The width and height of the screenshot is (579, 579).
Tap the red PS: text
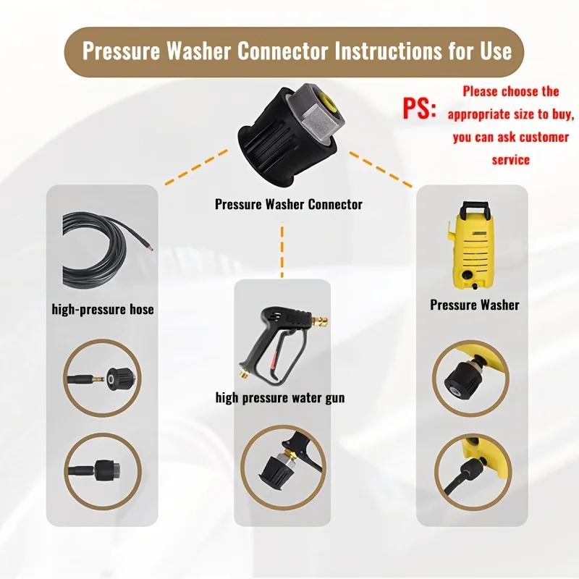point(419,108)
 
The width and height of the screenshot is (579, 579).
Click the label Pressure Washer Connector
point(288,204)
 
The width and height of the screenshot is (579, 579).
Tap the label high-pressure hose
point(103,309)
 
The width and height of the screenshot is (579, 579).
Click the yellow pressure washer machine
point(471,245)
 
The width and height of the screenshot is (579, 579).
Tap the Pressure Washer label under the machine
point(475,305)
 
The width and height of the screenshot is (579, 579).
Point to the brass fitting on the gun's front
point(321,319)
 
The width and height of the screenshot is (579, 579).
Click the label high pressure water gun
point(280,397)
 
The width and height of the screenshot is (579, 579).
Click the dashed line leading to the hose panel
point(196,166)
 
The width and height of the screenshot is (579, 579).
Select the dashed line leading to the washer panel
point(381,170)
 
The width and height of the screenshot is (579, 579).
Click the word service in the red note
point(511,160)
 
